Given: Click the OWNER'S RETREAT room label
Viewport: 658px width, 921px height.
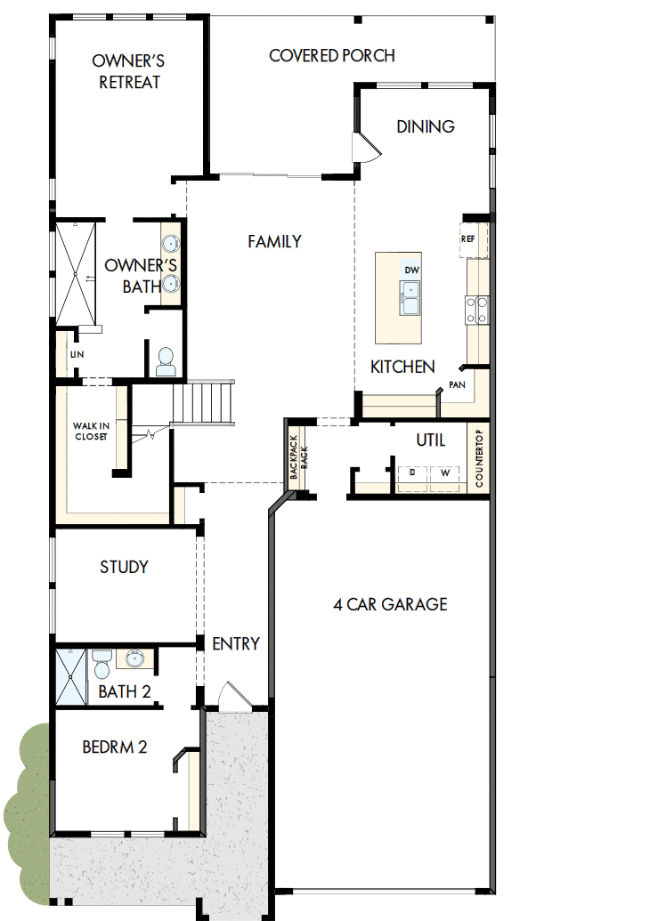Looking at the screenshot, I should click(x=130, y=71).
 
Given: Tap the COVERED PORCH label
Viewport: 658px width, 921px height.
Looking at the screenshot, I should click(x=332, y=56).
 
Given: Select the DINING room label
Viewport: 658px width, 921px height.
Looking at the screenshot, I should click(x=426, y=126).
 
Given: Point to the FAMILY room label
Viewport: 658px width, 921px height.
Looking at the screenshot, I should click(x=274, y=241).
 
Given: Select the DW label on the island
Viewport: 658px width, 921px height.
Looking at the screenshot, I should click(x=411, y=270).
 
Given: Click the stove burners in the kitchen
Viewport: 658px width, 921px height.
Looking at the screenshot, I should click(x=475, y=308).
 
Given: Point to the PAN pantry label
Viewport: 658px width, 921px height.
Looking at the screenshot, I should click(x=458, y=385).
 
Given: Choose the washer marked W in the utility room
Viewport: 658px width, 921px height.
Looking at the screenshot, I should click(x=443, y=474).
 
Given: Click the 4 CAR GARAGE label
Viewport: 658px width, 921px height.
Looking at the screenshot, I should click(x=390, y=605).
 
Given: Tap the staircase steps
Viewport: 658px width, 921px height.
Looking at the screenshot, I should click(x=205, y=402).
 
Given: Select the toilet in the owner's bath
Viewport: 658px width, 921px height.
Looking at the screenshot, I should click(x=166, y=360).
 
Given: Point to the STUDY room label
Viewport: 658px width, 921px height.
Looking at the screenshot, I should click(x=124, y=567).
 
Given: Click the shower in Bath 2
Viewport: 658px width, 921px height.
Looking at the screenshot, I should click(x=72, y=676).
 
